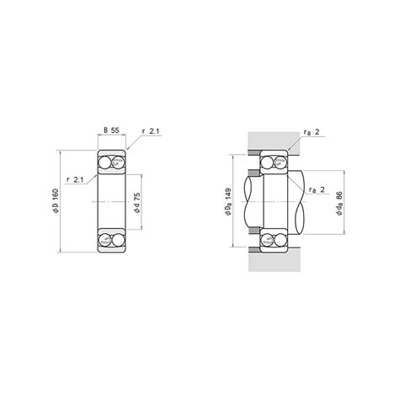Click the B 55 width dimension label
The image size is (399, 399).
tap(111, 130)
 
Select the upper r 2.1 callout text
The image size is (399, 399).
tap(151, 131)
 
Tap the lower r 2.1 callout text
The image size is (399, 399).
tap(75, 180)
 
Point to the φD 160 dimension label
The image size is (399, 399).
tap(56, 201)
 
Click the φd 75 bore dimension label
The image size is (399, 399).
tap(137, 203)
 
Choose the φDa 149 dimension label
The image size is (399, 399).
tap(228, 201)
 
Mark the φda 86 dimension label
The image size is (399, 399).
tap(339, 203)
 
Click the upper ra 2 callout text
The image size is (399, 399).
tap(311, 132)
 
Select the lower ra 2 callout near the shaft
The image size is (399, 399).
tap(317, 189)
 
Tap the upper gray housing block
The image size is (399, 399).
tap(274, 142)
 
